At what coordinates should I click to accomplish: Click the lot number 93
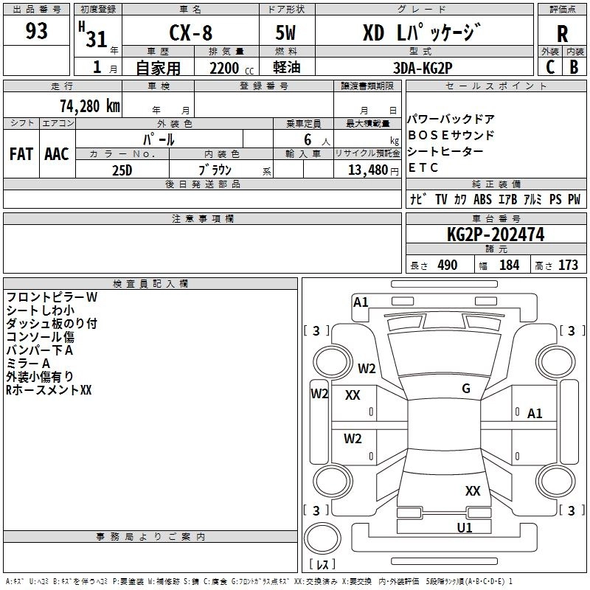pos(36,32)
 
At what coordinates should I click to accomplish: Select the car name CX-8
pos(190,35)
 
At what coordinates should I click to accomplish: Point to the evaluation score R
pos(562,35)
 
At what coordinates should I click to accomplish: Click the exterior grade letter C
pos(549,66)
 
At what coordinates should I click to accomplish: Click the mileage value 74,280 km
pos(89,105)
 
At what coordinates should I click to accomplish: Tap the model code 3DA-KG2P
pos(423,67)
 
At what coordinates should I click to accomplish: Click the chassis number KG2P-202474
pos(495,235)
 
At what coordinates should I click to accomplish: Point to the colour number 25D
pos(122,169)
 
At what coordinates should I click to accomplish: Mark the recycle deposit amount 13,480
pos(367,170)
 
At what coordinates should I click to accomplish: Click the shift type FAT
pos(21,154)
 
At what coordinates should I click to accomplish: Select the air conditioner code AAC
pos(56,154)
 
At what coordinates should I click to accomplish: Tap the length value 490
pos(447,265)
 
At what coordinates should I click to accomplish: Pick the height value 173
pos(568,265)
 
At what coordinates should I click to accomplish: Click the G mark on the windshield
pos(466,389)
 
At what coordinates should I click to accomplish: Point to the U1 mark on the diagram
pos(464,528)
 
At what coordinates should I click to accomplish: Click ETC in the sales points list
pos(423,167)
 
